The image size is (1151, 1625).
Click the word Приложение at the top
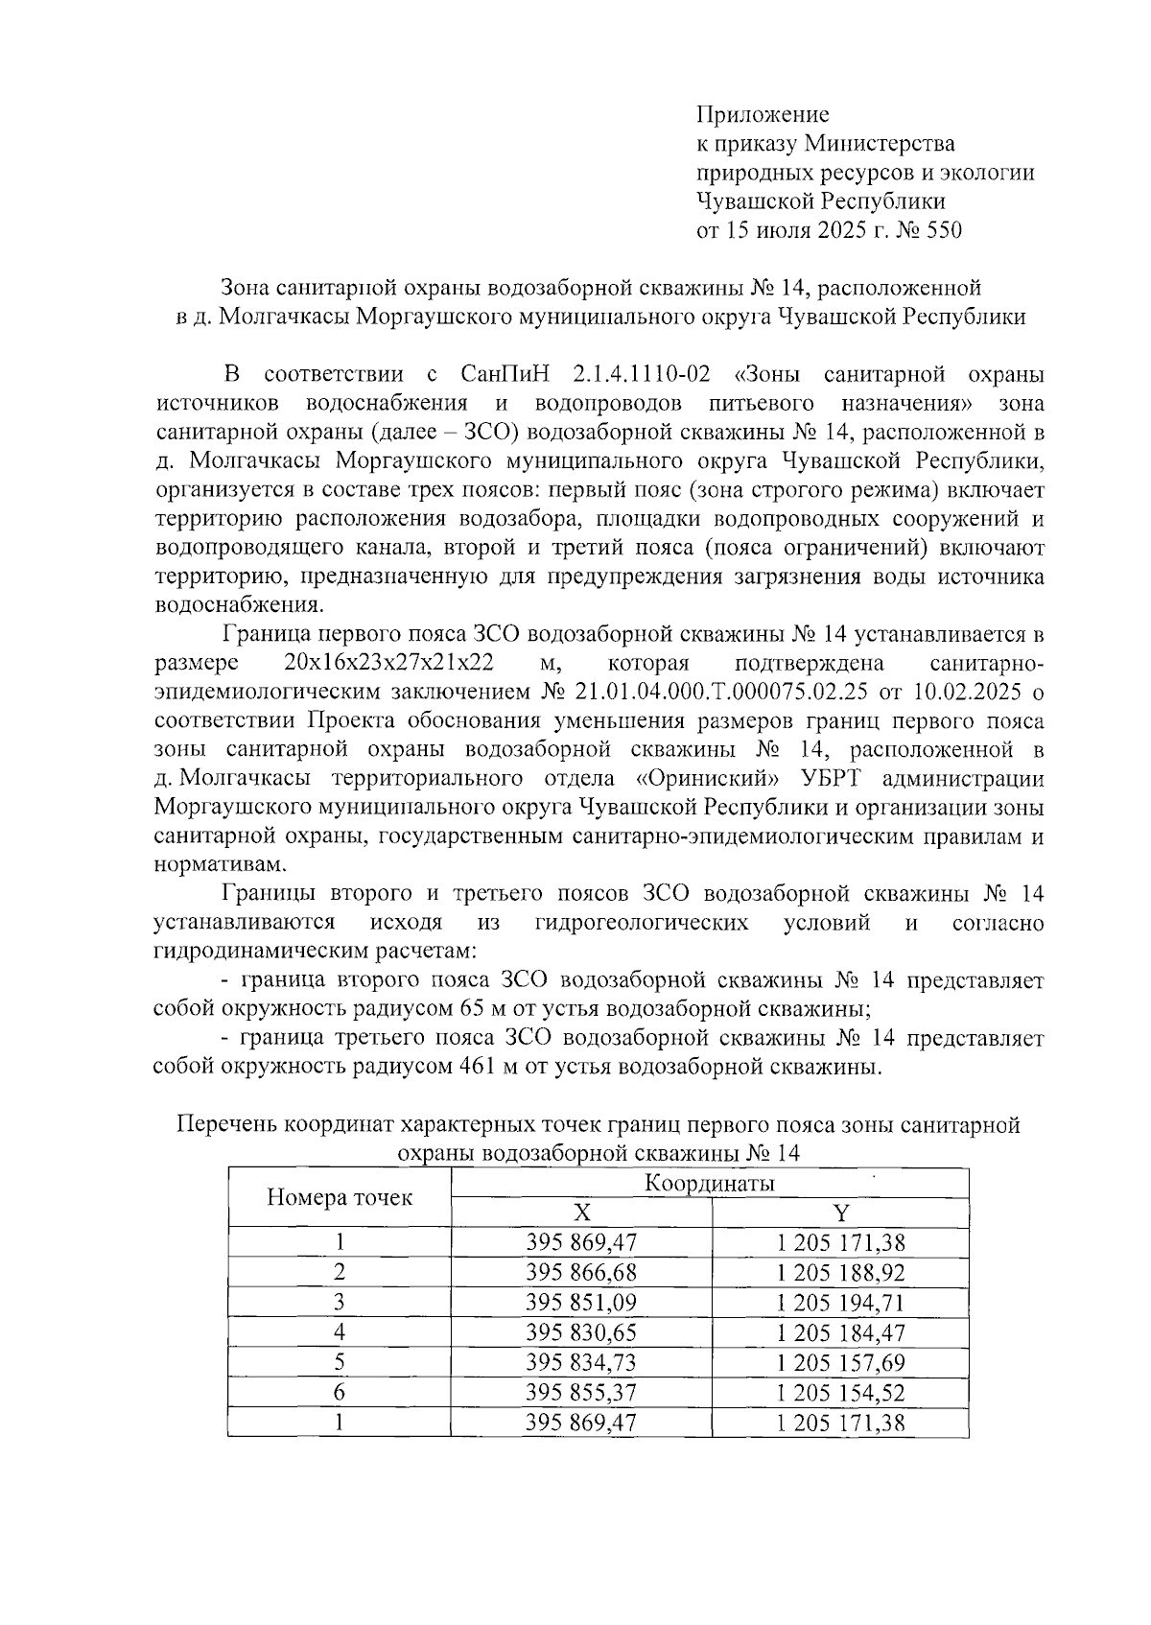pos(762,115)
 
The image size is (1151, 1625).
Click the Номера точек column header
pos(339,1197)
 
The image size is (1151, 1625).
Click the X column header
pos(581,1213)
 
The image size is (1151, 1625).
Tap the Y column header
pos(840,1213)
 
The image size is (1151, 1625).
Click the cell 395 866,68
pos(581,1273)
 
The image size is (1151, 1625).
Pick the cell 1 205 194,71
pos(840,1303)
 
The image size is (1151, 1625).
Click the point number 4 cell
pos(339,1332)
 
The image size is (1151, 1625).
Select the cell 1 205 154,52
pos(840,1392)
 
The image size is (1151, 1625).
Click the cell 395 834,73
pos(581,1362)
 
